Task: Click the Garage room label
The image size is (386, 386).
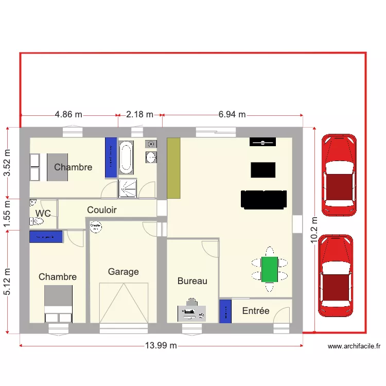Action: [123, 272]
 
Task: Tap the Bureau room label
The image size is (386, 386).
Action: [192, 281]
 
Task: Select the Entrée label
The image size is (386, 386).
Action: [256, 311]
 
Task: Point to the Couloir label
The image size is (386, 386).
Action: [101, 210]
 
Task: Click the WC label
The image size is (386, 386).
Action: [43, 213]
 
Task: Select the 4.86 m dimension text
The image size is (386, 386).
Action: [68, 115]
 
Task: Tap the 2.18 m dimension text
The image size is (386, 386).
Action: [139, 115]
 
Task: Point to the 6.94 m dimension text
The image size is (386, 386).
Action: [232, 115]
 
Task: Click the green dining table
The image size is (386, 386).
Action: [269, 269]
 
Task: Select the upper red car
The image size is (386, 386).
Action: [338, 174]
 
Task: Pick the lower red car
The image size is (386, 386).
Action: [336, 275]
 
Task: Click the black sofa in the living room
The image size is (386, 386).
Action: [264, 199]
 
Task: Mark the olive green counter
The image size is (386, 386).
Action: [173, 168]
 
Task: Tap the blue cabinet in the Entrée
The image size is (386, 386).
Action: [225, 311]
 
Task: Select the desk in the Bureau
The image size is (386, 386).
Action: [191, 312]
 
